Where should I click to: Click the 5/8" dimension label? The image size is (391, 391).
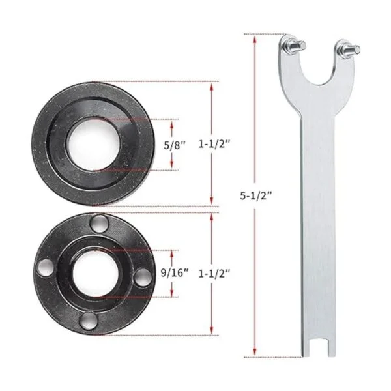pyautogui.click(x=175, y=145)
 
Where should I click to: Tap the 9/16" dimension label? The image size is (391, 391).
pyautogui.click(x=175, y=273)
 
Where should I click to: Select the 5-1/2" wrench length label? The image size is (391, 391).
pyautogui.click(x=255, y=196)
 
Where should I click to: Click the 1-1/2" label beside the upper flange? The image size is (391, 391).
pyautogui.click(x=214, y=144)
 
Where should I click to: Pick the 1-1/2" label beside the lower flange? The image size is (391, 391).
pyautogui.click(x=214, y=274)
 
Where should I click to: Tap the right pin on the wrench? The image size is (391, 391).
pyautogui.click(x=349, y=49)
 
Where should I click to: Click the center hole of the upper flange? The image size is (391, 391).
pyautogui.click(x=93, y=145)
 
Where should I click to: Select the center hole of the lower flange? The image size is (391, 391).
pyautogui.click(x=95, y=273)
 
